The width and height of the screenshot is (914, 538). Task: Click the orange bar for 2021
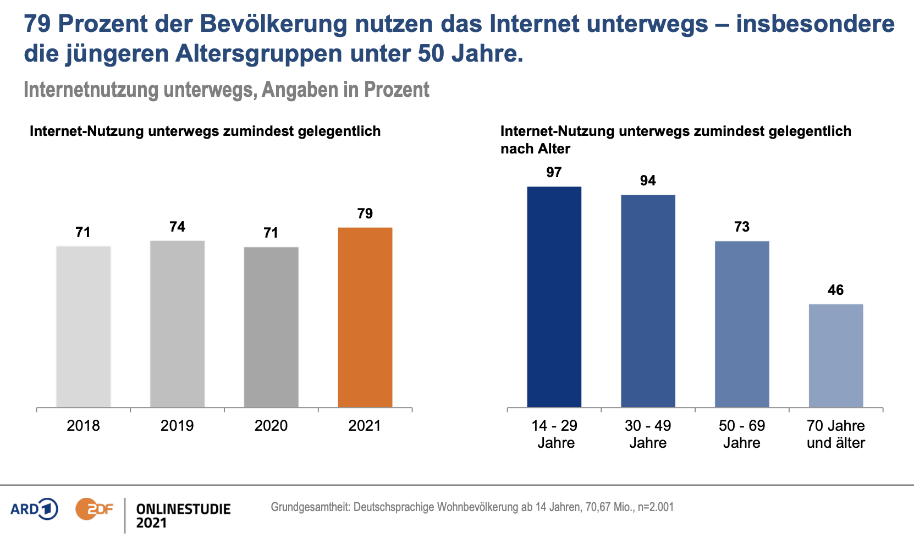365,317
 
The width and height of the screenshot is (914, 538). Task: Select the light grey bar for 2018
84,327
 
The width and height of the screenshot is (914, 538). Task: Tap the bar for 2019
177,324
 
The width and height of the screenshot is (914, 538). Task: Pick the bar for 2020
271,327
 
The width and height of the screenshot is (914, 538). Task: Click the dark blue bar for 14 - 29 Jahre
554,297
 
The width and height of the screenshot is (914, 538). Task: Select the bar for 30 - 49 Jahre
648,301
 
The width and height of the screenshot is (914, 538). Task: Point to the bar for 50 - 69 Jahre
742,324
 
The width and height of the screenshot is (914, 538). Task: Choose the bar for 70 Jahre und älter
836,356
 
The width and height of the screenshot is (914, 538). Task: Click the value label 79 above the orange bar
365,213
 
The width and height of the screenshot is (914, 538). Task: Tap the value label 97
554,172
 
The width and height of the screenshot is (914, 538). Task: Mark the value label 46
836,290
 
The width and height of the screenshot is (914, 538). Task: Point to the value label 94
648,180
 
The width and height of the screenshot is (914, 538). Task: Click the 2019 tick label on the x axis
177,426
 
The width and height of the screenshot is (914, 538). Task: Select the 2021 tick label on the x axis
365,426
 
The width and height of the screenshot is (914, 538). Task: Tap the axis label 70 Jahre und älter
836,434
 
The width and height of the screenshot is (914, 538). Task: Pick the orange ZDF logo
94,509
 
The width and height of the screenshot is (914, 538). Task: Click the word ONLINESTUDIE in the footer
183,509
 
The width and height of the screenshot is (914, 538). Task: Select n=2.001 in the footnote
656,507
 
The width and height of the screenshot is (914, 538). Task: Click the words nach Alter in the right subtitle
535,149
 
